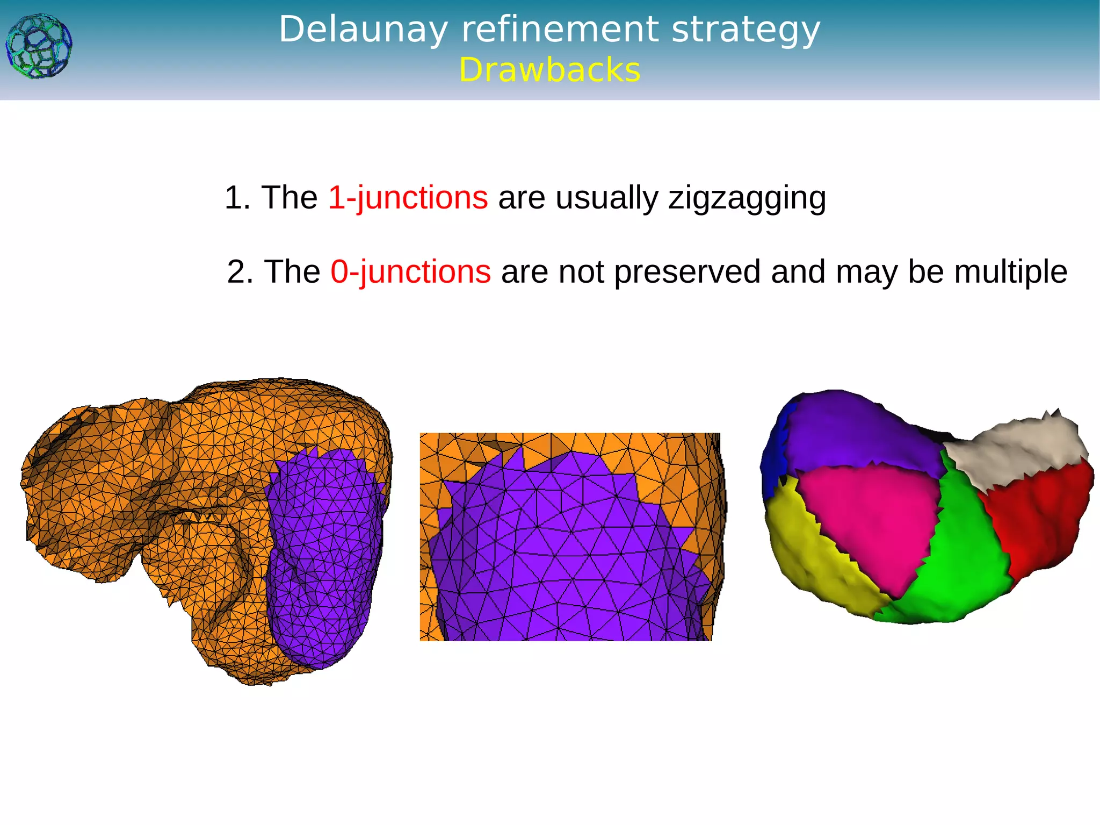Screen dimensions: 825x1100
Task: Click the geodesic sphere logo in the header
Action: pyautogui.click(x=39, y=46)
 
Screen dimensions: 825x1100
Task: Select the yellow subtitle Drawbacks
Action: pyautogui.click(x=549, y=70)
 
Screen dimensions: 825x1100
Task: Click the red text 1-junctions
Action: pyautogui.click(x=408, y=197)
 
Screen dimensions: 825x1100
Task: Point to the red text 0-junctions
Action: pyautogui.click(x=410, y=271)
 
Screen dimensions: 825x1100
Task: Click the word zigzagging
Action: pyautogui.click(x=747, y=198)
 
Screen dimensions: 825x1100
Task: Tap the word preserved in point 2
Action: pyautogui.click(x=687, y=271)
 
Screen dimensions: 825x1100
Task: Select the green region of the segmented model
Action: pyautogui.click(x=961, y=559)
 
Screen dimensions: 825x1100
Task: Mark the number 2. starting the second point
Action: pyautogui.click(x=240, y=271)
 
